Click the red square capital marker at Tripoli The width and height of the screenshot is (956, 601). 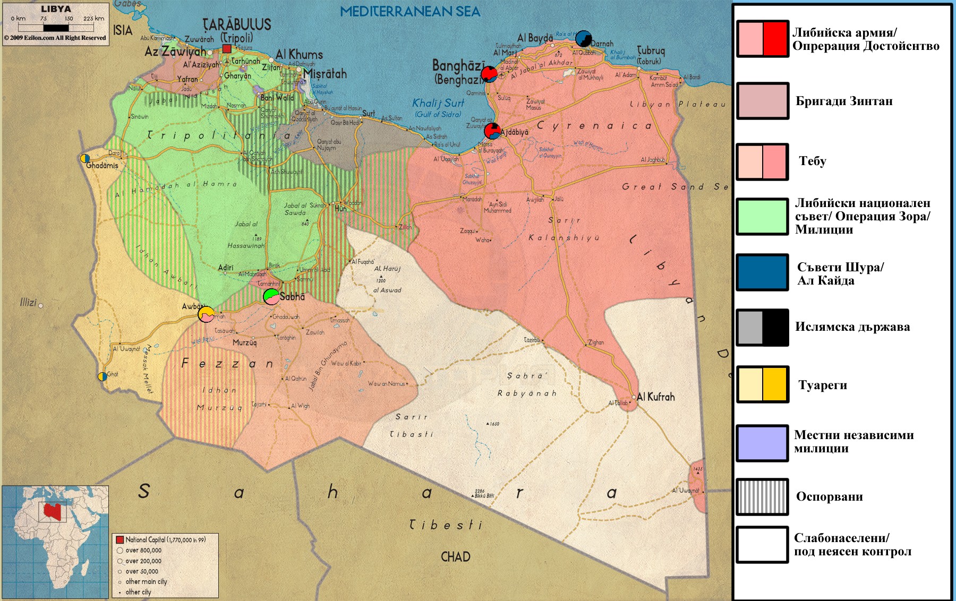(227, 49)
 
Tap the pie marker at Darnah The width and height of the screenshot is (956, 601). (583, 39)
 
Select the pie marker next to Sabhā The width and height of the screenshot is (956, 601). (271, 296)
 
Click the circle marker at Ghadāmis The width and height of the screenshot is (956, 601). (85, 158)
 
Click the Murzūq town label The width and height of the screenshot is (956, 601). (245, 343)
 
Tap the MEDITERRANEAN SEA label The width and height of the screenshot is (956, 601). (409, 12)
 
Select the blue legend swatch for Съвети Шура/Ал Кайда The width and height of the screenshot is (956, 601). (762, 272)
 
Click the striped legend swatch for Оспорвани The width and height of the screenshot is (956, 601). (762, 497)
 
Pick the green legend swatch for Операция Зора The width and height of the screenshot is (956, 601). (762, 216)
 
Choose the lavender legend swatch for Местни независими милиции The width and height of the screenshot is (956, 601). (762, 442)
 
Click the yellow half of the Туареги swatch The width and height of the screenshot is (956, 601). (774, 385)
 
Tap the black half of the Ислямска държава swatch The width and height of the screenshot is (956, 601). (774, 327)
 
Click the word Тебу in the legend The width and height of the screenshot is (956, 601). (812, 161)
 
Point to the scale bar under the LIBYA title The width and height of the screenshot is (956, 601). (56, 28)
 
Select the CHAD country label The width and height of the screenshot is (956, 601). (455, 557)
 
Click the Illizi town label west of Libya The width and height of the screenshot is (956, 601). (28, 303)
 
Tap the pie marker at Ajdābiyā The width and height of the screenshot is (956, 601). (492, 131)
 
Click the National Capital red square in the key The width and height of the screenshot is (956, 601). (119, 540)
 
